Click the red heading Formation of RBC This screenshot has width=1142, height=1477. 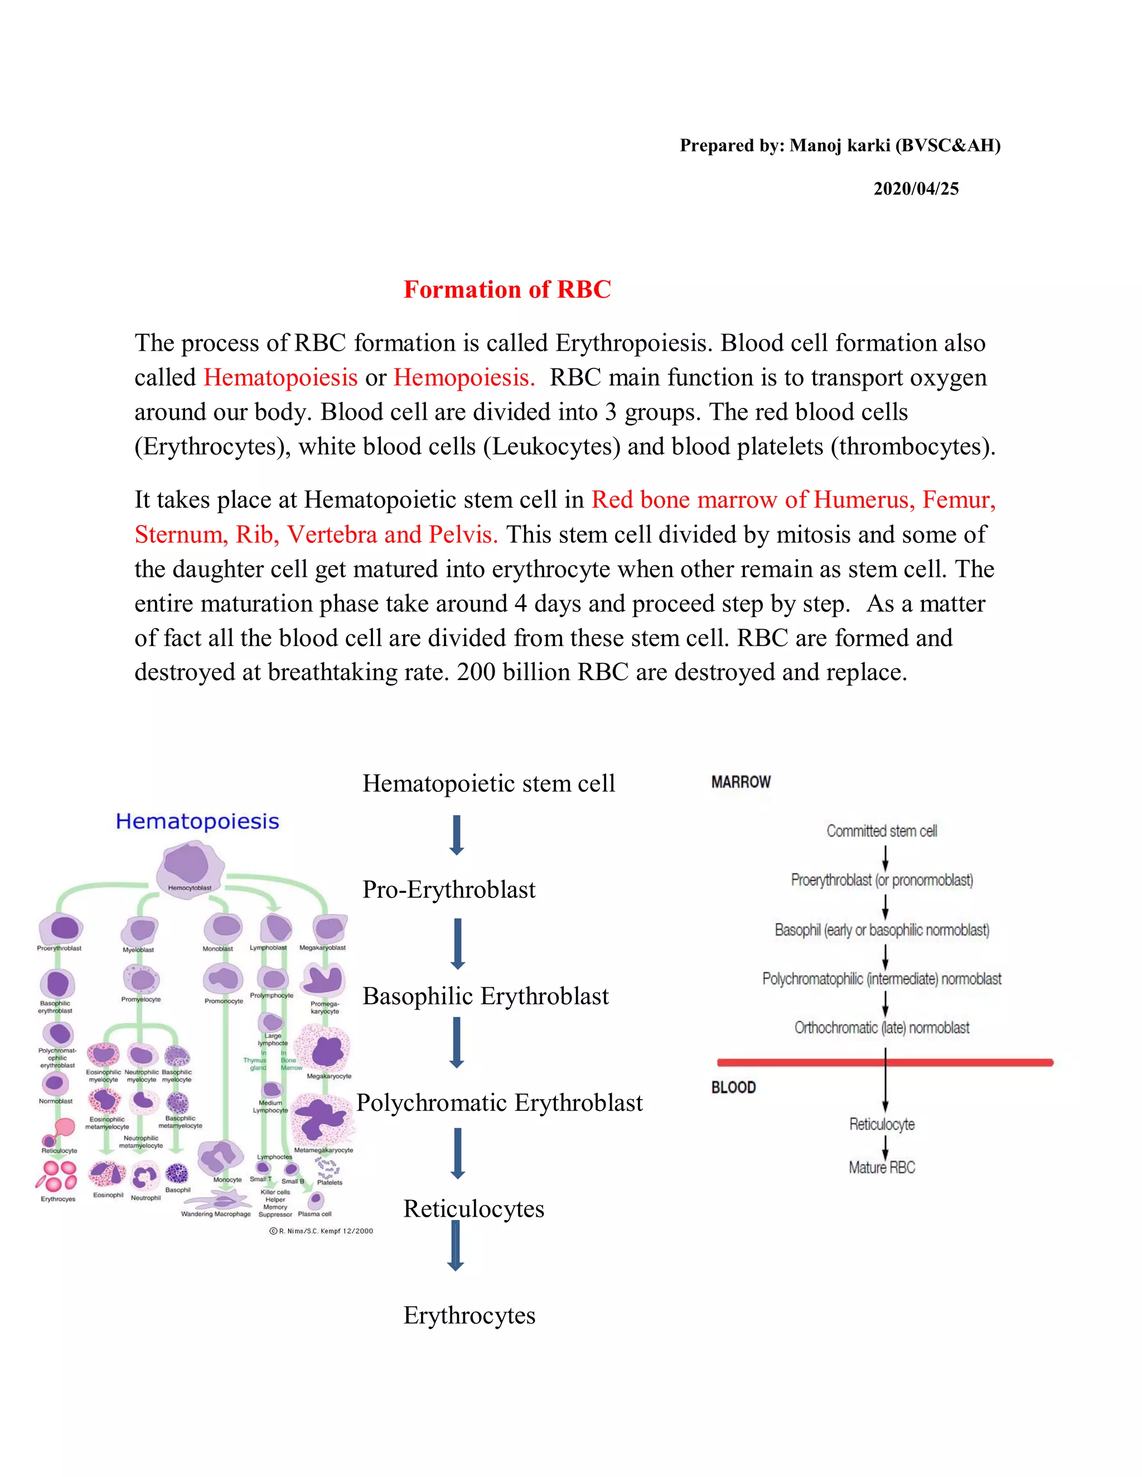[507, 289]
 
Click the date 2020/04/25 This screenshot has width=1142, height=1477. [916, 189]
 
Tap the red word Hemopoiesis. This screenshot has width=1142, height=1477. [463, 377]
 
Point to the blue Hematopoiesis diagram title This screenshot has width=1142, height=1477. [197, 821]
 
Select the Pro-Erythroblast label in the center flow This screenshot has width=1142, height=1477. [448, 890]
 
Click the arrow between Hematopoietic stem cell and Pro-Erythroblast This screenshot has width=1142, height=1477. [457, 835]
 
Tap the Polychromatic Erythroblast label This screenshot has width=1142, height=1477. [499, 1102]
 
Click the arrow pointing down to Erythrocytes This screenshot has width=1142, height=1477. [456, 1246]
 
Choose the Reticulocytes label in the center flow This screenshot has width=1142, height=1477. [473, 1208]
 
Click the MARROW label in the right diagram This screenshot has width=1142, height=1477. [741, 783]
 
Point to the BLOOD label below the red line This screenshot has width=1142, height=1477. [733, 1087]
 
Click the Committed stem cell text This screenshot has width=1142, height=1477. [882, 831]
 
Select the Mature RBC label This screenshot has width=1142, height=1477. [882, 1167]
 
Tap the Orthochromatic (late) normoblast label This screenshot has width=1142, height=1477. [882, 1028]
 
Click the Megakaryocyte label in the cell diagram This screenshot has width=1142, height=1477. [329, 1076]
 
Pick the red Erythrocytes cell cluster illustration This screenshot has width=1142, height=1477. [57, 1175]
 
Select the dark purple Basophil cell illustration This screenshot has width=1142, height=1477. [177, 1173]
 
